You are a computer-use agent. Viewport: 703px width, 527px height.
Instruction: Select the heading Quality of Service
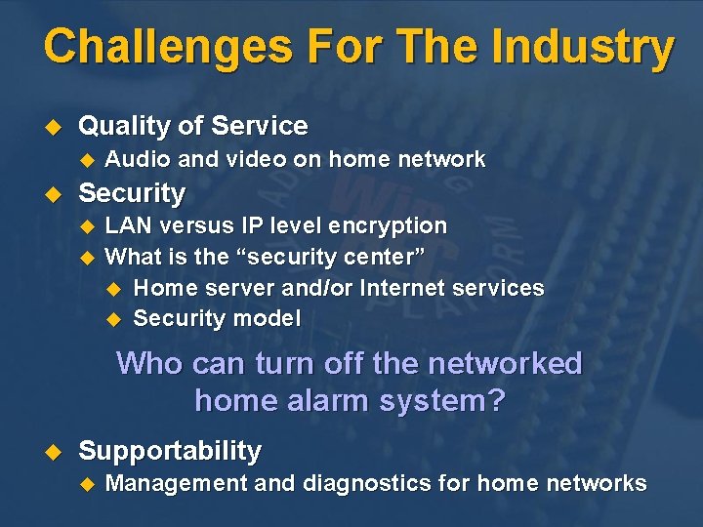point(192,126)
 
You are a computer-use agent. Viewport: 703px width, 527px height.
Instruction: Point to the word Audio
point(133,159)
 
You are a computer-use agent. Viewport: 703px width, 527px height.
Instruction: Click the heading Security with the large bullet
point(131,193)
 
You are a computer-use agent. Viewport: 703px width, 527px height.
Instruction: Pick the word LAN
point(127,225)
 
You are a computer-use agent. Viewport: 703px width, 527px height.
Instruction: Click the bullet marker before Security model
point(112,319)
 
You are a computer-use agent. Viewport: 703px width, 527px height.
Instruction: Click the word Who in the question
point(148,364)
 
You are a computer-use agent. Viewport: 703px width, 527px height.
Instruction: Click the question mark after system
point(497,400)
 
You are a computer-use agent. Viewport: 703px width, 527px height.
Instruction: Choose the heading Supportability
point(170,451)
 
